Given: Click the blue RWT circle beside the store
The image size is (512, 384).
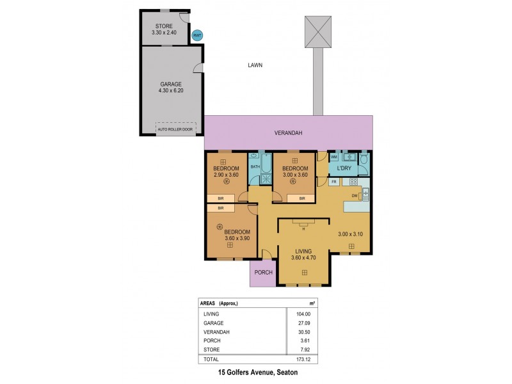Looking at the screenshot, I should click(198, 36).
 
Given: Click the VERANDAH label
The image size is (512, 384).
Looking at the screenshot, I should click(288, 133).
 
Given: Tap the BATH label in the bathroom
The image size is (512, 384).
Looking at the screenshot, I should click(255, 167).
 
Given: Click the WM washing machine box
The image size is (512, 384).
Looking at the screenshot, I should click(334, 157).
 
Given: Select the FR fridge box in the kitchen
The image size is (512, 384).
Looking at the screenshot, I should click(334, 182).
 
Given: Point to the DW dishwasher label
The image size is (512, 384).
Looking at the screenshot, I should click(354, 196).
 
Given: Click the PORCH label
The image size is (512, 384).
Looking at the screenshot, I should click(263, 273).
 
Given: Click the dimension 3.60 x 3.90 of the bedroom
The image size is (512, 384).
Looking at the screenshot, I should click(236, 238).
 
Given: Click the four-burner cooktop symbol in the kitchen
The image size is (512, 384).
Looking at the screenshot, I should click(353, 182).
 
